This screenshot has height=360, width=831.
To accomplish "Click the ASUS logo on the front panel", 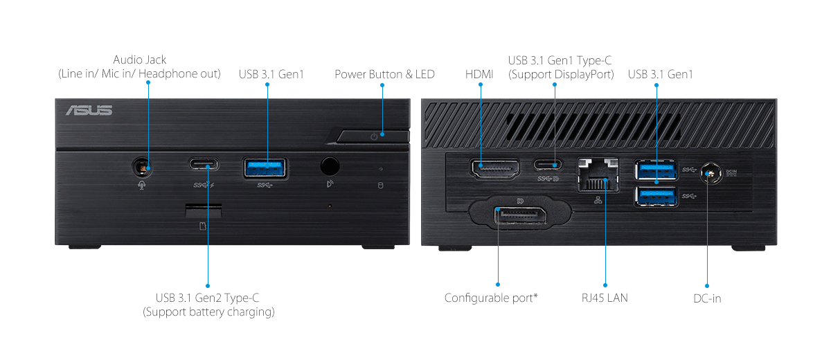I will click(89, 111).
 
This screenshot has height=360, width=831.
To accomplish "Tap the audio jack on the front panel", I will click(143, 166).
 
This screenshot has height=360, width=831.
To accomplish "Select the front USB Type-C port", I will click(203, 165).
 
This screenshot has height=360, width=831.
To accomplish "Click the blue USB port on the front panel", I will click(265, 167).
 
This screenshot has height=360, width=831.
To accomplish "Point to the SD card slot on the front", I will click(203, 210).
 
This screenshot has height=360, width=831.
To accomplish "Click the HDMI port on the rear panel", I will click(496, 168).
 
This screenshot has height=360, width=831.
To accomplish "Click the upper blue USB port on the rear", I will click(654, 168).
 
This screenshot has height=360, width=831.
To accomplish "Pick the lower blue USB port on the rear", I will click(654, 196).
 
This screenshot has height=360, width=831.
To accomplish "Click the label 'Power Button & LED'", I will click(384, 74).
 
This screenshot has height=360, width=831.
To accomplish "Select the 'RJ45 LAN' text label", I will click(605, 298).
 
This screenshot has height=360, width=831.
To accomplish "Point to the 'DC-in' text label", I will click(707, 298).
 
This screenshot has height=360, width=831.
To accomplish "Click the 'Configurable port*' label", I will click(491, 298).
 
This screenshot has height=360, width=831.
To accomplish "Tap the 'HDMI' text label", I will click(480, 74).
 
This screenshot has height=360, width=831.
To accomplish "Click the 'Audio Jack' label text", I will click(140, 60).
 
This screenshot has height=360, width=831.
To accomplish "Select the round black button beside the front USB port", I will click(330, 166).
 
